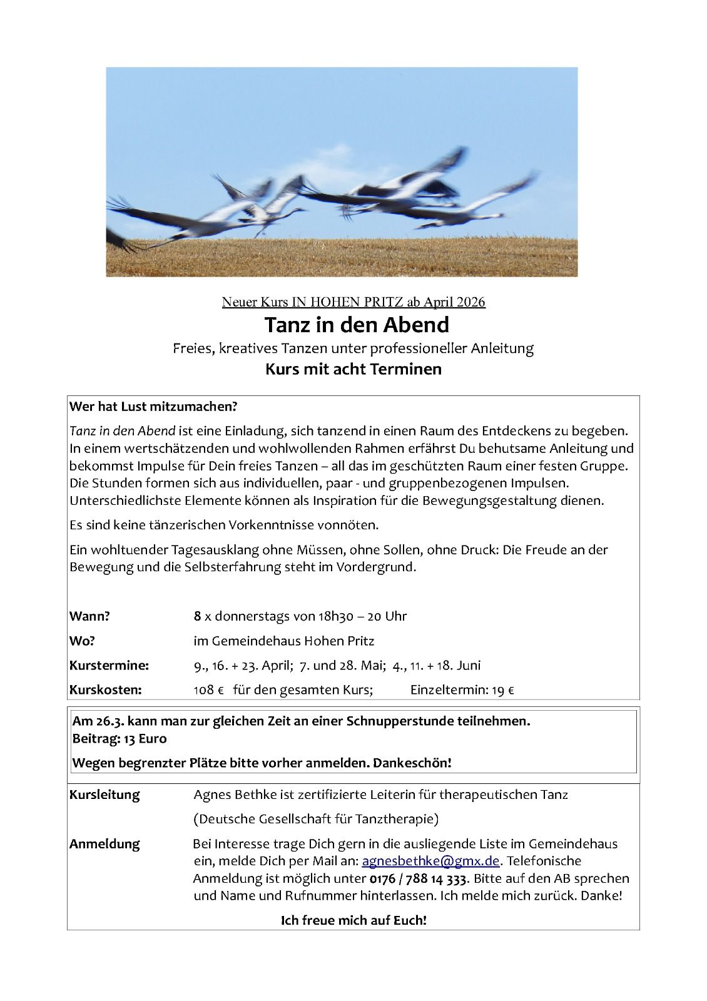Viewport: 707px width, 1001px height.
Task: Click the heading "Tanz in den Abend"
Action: tap(356, 325)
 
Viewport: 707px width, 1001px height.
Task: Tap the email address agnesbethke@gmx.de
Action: tap(430, 861)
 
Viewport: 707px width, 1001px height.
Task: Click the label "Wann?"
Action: tap(89, 616)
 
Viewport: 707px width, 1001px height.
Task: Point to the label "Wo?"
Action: tap(82, 641)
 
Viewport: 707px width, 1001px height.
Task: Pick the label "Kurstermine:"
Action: tap(109, 665)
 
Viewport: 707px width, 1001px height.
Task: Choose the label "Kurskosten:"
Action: tap(105, 690)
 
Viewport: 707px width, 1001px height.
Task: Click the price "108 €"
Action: tap(209, 690)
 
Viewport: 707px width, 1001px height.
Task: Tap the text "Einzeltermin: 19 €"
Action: tap(462, 690)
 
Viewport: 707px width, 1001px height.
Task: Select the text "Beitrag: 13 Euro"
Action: tap(120, 738)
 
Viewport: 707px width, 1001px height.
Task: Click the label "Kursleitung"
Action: tap(104, 795)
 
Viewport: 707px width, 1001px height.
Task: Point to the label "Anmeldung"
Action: tap(104, 844)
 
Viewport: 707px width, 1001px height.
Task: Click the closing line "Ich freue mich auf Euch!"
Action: tap(354, 920)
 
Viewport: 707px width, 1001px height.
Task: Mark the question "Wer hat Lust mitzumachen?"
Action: tap(154, 407)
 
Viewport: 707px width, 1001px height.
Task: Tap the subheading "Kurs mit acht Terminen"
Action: tap(353, 369)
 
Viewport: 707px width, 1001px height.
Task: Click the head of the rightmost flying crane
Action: tap(500, 215)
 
